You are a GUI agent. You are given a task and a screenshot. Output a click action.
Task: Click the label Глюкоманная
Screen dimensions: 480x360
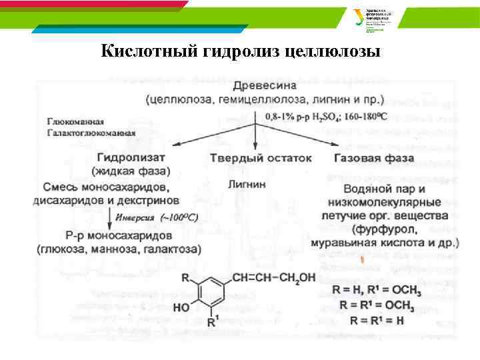coord(75,121)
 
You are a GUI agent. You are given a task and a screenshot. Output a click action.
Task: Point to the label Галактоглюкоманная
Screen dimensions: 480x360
coord(91,132)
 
